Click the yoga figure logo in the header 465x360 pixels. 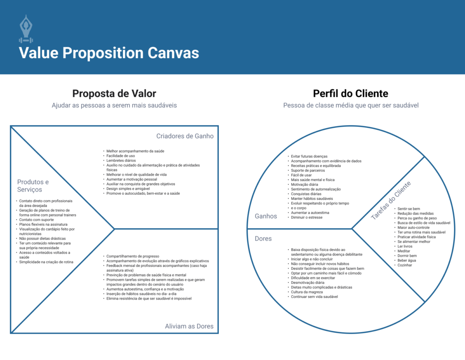pyautogui.click(x=26, y=29)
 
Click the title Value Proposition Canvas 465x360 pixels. pyautogui.click(x=109, y=53)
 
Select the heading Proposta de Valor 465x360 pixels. pyautogui.click(x=114, y=94)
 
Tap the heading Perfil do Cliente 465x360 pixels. pyautogui.click(x=351, y=94)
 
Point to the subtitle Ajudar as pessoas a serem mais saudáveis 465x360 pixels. pyautogui.click(x=114, y=105)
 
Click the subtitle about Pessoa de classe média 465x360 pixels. pyautogui.click(x=351, y=105)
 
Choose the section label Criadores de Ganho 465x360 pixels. pyautogui.click(x=185, y=136)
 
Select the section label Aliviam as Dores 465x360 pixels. pyautogui.click(x=189, y=326)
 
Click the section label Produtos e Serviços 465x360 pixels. pyautogui.click(x=33, y=186)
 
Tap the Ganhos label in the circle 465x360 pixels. pyautogui.click(x=266, y=216)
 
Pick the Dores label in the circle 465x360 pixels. pyautogui.click(x=263, y=238)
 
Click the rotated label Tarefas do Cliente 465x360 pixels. pyautogui.click(x=391, y=200)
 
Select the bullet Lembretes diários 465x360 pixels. pyautogui.click(x=121, y=160)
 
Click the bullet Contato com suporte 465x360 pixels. pyautogui.click(x=36, y=220)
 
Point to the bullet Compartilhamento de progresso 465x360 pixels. pyautogui.click(x=133, y=256)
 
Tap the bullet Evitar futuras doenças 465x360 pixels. pyautogui.click(x=309, y=156)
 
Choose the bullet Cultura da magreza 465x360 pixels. pyautogui.click(x=307, y=292)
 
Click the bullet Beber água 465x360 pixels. pyautogui.click(x=406, y=261)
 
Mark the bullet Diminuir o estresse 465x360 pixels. pyautogui.click(x=307, y=217)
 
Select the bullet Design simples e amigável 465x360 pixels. pyautogui.click(x=128, y=188)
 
